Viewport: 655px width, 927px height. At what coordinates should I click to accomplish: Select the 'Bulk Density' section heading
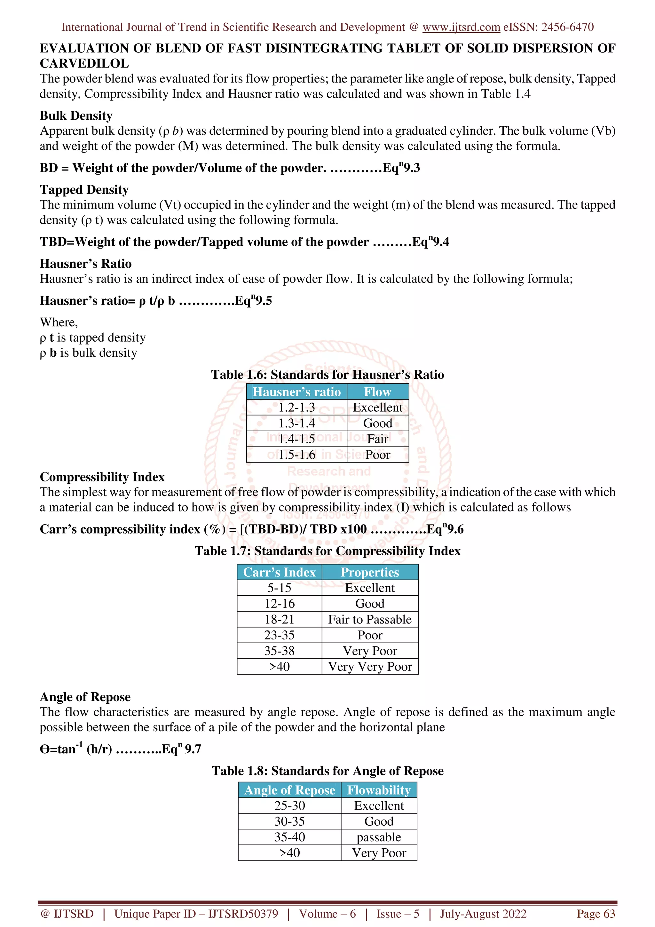76,116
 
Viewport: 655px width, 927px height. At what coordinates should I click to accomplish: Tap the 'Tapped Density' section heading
84,190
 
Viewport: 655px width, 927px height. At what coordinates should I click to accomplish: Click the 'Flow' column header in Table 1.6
377,392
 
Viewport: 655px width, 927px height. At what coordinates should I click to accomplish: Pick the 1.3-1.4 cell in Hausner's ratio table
296,423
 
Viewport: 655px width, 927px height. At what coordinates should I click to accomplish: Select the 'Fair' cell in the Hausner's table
377,439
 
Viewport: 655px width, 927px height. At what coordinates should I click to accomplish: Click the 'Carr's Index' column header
279,572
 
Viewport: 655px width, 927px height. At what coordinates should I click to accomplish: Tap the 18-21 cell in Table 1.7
279,619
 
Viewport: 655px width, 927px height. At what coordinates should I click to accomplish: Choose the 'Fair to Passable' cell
370,619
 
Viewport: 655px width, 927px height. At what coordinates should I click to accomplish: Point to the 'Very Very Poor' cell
370,667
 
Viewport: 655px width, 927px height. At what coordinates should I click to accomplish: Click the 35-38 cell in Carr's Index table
279,651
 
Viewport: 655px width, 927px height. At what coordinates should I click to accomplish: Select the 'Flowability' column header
379,790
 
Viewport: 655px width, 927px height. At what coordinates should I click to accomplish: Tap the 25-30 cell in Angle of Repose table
289,806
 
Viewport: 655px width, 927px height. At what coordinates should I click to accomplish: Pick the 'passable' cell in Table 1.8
379,837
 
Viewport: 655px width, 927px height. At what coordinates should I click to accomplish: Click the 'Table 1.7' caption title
327,551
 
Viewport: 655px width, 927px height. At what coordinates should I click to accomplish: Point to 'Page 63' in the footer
596,914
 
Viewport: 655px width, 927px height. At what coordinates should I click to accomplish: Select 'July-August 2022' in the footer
483,914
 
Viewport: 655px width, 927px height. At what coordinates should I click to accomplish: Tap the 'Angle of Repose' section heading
85,697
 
